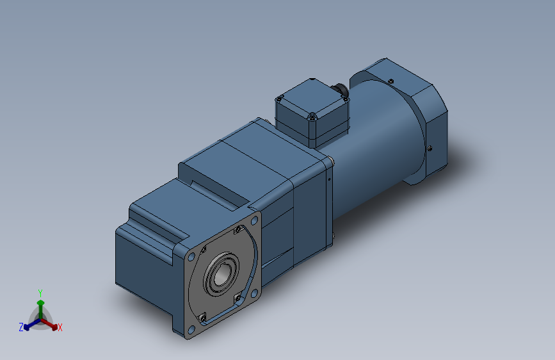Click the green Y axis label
pos(40,291)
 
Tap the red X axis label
pos(60,328)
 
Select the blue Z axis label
pos(21,327)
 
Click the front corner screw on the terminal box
pos(311,117)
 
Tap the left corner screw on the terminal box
pos(279,99)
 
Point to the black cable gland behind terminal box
pos(343,91)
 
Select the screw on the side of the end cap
pos(430,148)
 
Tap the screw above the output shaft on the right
pos(237,229)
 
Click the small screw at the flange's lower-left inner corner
pos(202,317)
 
